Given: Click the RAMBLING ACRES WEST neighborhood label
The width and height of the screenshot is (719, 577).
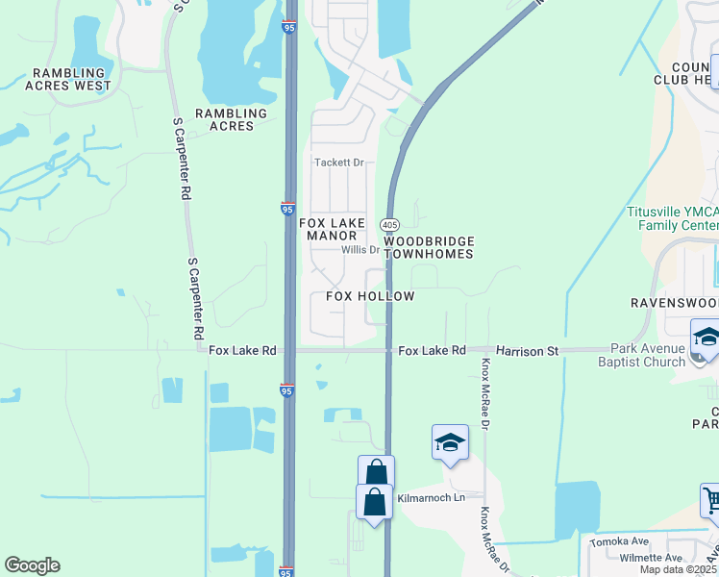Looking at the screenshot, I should point(72,79).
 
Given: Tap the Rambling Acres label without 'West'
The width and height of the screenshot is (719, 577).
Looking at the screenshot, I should point(231,119).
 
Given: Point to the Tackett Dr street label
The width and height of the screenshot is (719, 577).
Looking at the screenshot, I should point(339,163).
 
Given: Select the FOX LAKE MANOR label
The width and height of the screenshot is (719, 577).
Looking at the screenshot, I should point(332,229).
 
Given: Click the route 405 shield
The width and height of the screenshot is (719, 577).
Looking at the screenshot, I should point(389,224).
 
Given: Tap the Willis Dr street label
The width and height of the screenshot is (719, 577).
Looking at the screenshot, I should point(360,250).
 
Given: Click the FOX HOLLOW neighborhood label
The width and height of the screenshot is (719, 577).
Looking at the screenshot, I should point(370,296).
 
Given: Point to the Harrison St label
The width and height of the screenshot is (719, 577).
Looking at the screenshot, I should point(527,351).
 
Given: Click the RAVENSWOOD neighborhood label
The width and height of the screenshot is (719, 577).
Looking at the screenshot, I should point(674,302).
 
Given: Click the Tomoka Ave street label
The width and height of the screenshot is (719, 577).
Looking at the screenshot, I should point(620,541).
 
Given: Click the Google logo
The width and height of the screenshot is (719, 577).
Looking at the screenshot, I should point(32,565).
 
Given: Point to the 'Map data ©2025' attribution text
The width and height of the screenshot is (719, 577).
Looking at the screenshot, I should point(679,569).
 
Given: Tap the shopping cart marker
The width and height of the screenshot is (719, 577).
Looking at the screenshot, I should point(710,501).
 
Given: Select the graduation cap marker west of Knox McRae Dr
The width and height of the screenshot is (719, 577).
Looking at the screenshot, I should point(450,443).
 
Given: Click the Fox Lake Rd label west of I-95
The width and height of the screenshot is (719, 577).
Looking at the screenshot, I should point(242,352).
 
